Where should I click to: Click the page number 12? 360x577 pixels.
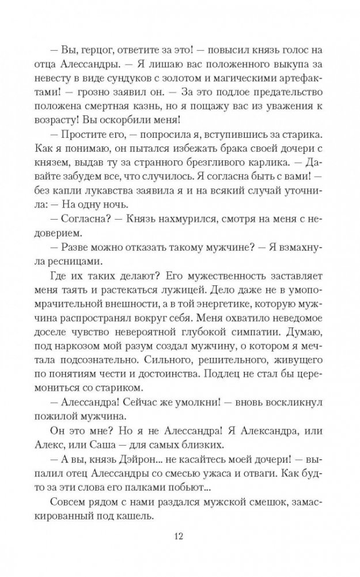tap(180, 537)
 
